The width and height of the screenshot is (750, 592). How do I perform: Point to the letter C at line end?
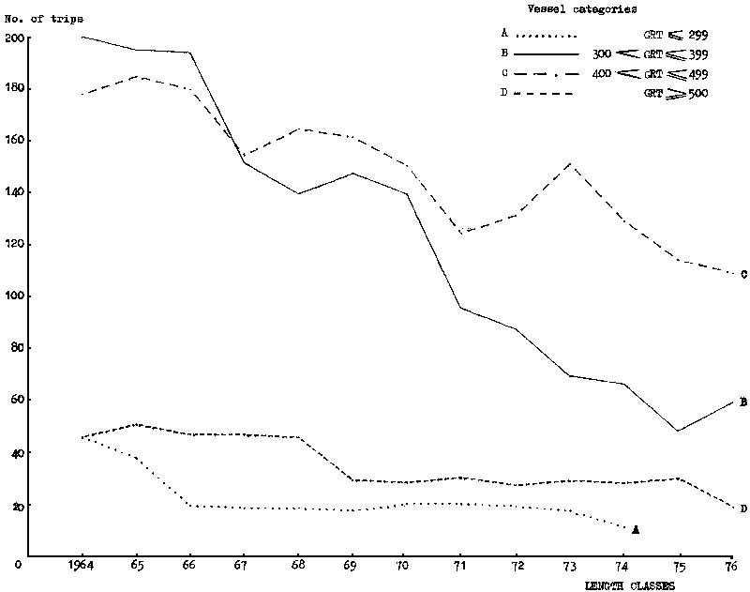pyautogui.click(x=742, y=275)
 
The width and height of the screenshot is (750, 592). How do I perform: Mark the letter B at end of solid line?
pyautogui.click(x=742, y=402)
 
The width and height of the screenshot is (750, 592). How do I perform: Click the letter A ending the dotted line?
pyautogui.click(x=636, y=530)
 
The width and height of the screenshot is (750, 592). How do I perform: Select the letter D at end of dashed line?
pyautogui.click(x=742, y=509)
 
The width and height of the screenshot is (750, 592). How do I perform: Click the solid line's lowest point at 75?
pyautogui.click(x=677, y=431)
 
